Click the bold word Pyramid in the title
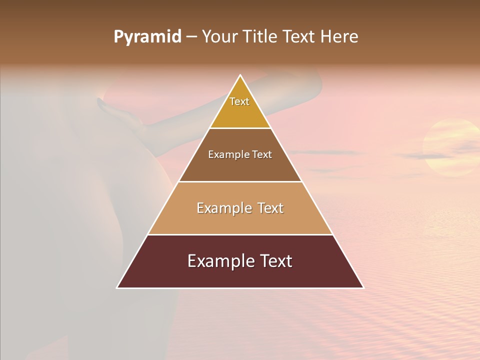click(147, 37)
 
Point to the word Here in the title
click(339, 37)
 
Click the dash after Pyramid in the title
click(191, 37)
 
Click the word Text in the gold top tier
click(239, 101)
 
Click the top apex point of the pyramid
click(240, 75)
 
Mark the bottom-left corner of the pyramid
click(117, 288)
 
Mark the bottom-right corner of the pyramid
click(363, 288)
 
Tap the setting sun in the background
click(450, 147)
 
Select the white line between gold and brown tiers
click(240, 128)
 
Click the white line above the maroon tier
click(240, 234)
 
